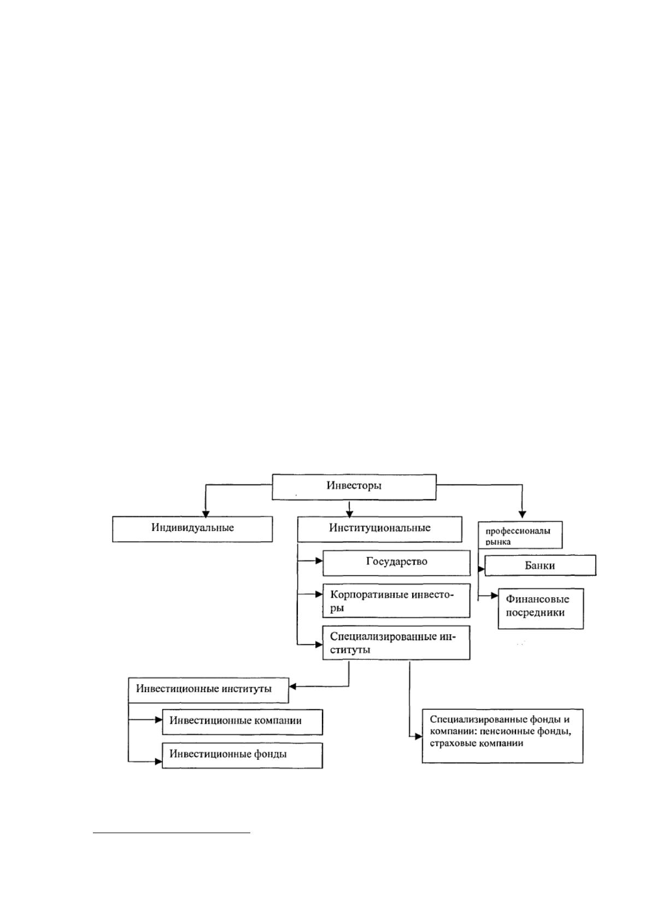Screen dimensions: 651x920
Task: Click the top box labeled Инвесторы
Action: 354,487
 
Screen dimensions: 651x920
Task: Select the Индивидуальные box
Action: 192,529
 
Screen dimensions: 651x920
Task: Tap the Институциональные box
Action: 379,529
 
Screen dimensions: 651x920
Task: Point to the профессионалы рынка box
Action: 520,535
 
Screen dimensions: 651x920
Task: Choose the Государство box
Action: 396,563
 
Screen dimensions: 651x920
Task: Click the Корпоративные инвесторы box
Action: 396,600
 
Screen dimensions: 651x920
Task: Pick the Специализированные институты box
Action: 396,643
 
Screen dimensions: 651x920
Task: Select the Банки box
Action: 540,565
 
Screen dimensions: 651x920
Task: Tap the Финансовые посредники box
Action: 541,609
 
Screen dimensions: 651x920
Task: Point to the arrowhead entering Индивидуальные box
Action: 206,514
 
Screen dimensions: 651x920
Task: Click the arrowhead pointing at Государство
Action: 319,561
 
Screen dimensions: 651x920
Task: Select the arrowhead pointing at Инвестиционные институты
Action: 292,686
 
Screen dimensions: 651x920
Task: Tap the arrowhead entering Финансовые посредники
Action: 495,595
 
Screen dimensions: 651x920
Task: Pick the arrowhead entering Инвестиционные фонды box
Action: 159,762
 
